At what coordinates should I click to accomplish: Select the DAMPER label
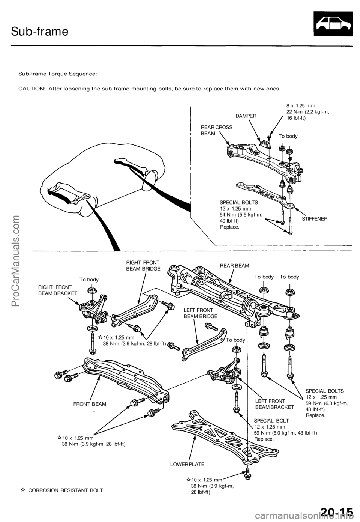click(246, 116)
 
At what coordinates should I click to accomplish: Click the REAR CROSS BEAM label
click(216, 130)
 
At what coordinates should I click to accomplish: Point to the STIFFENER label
click(315, 218)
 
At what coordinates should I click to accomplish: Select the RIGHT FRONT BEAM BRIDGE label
click(143, 265)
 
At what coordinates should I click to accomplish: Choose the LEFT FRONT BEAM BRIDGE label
click(198, 313)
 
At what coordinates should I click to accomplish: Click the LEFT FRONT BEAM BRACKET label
click(270, 404)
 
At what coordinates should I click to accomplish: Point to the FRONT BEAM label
click(90, 404)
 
